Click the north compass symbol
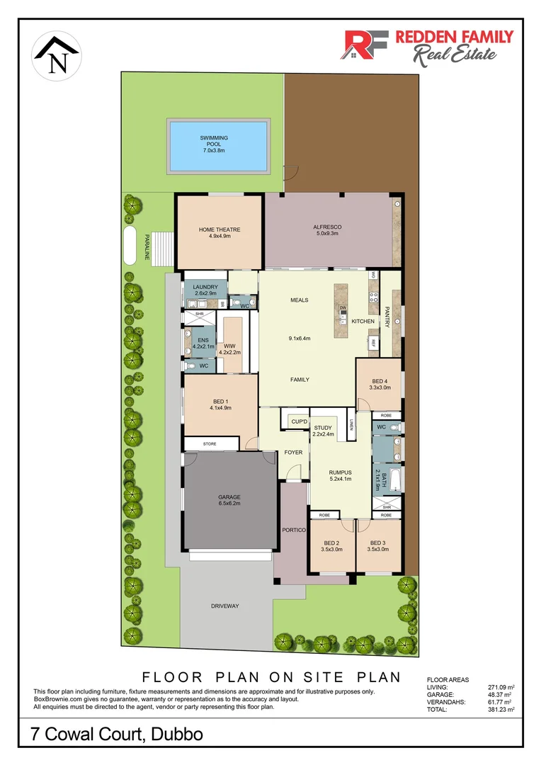click(56, 57)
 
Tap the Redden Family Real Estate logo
click(428, 46)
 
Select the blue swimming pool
click(217, 146)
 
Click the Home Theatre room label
click(220, 232)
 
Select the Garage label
click(229, 500)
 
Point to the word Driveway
click(225, 606)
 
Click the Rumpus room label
click(341, 475)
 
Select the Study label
click(323, 431)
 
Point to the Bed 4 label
click(380, 383)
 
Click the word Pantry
click(387, 316)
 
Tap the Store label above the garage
click(209, 444)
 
